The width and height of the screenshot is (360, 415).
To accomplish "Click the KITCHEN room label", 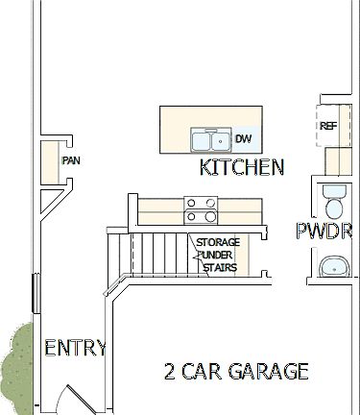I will (x=241, y=168).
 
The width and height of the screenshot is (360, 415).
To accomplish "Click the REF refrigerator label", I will (x=328, y=126).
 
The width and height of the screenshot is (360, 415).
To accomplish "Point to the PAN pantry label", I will (x=70, y=160).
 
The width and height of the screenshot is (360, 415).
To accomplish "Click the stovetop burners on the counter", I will (x=201, y=204).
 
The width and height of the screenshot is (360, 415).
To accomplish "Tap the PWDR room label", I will (x=324, y=232).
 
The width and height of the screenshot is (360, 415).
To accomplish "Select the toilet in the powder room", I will (x=335, y=202).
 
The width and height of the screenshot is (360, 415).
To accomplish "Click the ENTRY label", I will (x=75, y=349).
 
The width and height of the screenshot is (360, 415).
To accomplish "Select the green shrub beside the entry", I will (x=14, y=365).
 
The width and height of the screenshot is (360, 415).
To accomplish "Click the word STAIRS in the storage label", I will (x=218, y=268).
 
